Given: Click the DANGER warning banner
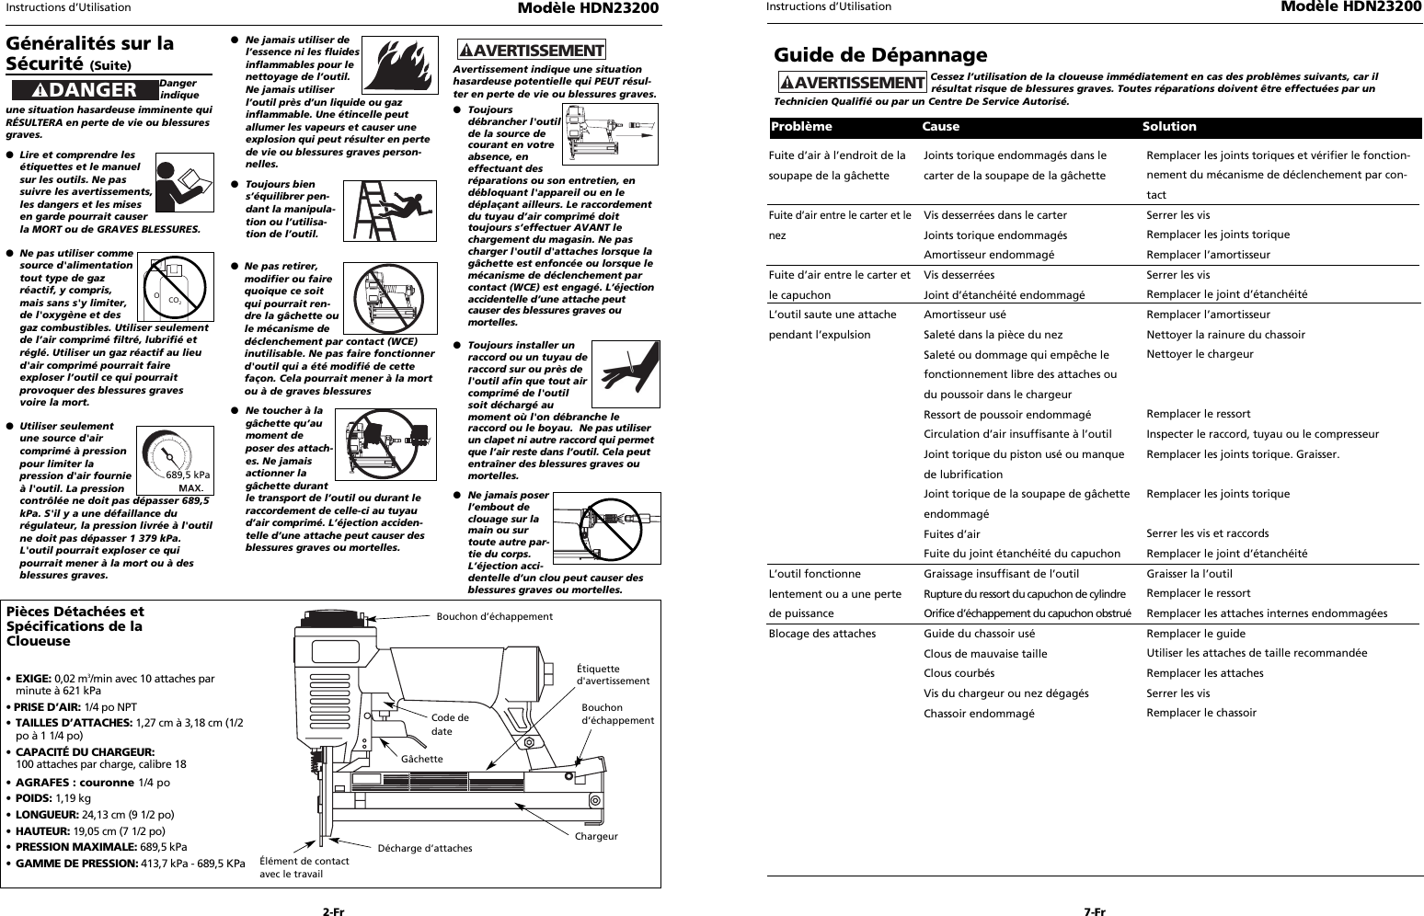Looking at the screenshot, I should tap(84, 89).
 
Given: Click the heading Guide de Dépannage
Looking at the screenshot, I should tap(880, 55).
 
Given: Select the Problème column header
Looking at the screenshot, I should tap(801, 127).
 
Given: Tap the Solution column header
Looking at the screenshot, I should tap(1169, 127).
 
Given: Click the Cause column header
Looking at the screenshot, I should tap(940, 127).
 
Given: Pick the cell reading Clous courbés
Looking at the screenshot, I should tap(959, 673).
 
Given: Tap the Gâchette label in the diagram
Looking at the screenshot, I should tap(421, 759).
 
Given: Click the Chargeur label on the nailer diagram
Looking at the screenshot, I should tap(595, 836).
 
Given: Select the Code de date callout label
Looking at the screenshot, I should tap(449, 724).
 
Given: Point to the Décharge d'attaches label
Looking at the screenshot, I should tap(424, 848).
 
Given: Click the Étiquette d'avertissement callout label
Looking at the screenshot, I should tap(612, 674).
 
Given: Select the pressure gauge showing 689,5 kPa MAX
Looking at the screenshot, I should tap(175, 460).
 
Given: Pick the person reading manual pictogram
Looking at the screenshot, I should tap(178, 182).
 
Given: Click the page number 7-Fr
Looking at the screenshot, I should tap(1094, 911).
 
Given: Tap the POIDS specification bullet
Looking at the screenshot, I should tap(52, 798).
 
